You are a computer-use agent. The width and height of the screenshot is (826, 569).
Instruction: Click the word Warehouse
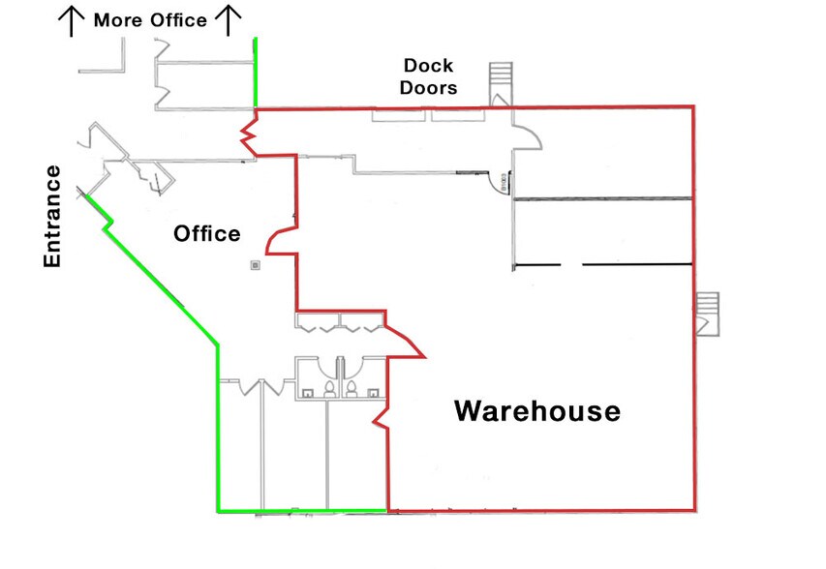(x=537, y=411)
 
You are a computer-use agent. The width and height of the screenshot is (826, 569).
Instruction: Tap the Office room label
(x=207, y=234)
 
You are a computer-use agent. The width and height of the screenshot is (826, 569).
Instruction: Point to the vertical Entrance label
(x=52, y=217)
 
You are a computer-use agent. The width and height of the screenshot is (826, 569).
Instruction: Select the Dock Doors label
(x=428, y=76)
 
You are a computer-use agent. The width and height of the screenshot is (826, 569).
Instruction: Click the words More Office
(x=150, y=20)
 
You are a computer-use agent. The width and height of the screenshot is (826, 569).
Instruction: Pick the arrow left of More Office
(x=71, y=21)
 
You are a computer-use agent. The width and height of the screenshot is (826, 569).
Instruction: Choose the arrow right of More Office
(x=229, y=20)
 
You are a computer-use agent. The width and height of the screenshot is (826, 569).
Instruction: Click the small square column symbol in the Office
(x=256, y=265)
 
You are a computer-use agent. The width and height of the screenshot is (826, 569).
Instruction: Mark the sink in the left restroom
(x=307, y=392)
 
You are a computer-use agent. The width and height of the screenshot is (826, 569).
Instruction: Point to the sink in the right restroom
(x=373, y=392)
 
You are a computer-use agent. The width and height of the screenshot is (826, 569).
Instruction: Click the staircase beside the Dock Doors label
(x=501, y=84)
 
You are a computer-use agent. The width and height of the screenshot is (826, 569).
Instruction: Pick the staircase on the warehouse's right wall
(x=708, y=314)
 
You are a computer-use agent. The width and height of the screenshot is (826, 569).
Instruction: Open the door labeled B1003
(x=499, y=183)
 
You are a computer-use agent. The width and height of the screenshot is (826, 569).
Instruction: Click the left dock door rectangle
(x=398, y=115)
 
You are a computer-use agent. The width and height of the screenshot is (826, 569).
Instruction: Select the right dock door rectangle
(x=458, y=115)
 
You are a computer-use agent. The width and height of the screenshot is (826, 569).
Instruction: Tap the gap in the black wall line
(x=571, y=264)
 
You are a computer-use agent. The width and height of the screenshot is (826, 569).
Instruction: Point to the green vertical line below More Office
(x=256, y=73)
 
